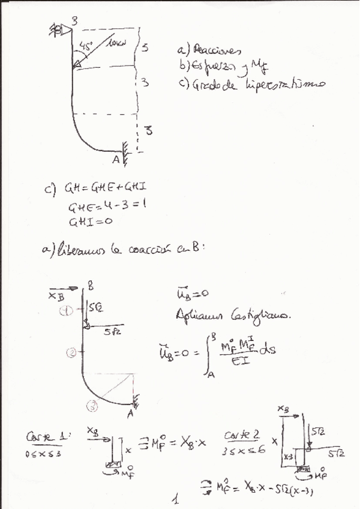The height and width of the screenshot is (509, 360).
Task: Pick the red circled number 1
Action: pos(68,310)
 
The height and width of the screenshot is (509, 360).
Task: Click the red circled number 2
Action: pos(71,354)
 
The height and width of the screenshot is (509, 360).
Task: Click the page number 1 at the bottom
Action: pos(175,498)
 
